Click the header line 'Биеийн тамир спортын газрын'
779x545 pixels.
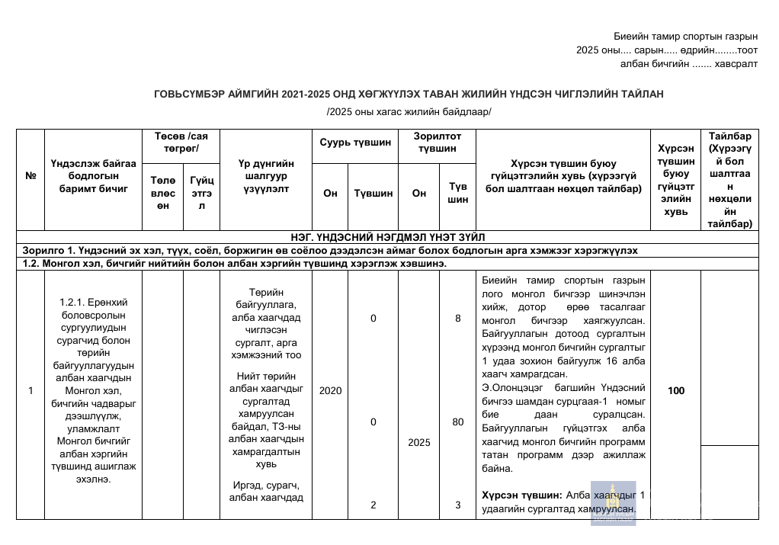pos(685,37)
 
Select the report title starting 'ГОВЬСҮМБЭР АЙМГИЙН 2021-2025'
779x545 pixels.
pos(409,94)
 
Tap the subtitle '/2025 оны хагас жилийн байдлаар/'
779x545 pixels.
pos(409,112)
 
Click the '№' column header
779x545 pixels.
pos(31,175)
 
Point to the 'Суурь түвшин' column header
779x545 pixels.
pos(355,143)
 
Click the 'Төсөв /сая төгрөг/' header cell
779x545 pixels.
pos(181,143)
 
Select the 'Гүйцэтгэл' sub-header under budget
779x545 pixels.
pos(202,194)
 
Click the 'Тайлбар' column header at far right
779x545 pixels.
pos(729,180)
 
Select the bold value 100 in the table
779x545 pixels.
pos(676,391)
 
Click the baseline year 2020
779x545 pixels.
pos(330,391)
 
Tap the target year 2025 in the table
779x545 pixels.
pos(419,442)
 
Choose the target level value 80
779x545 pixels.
pos(457,422)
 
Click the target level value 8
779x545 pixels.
pos(457,319)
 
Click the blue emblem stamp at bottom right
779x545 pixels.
pos(614,503)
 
